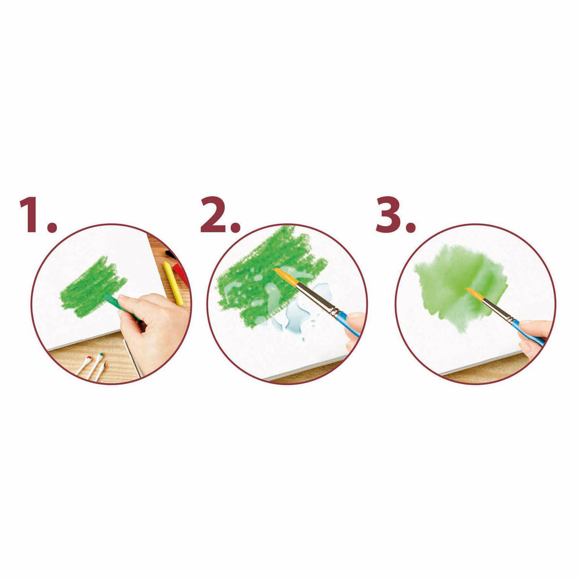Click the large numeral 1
click(x=33, y=215)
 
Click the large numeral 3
click(x=389, y=215)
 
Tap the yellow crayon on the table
click(x=173, y=284)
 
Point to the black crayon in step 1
click(x=171, y=255)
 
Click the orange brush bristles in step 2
click(x=285, y=277)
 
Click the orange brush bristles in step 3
click(x=474, y=295)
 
